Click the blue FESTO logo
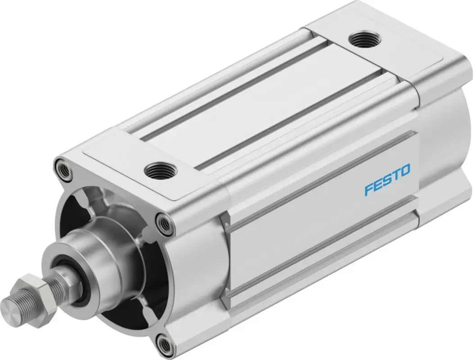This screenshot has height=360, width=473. pyautogui.click(x=387, y=180)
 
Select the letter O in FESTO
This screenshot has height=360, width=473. pyautogui.click(x=405, y=171)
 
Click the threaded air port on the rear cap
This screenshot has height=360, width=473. pyautogui.click(x=365, y=39)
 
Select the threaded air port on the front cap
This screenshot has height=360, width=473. pyautogui.click(x=161, y=171)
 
